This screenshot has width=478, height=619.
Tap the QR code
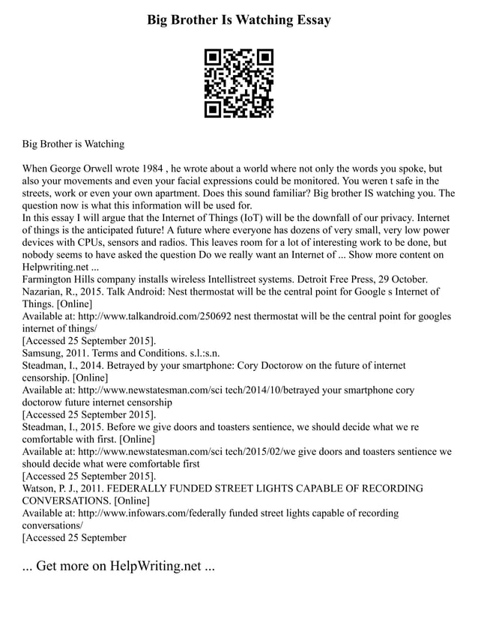click(x=239, y=83)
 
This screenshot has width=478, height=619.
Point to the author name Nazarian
click(x=46, y=291)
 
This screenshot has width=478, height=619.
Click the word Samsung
click(x=45, y=352)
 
